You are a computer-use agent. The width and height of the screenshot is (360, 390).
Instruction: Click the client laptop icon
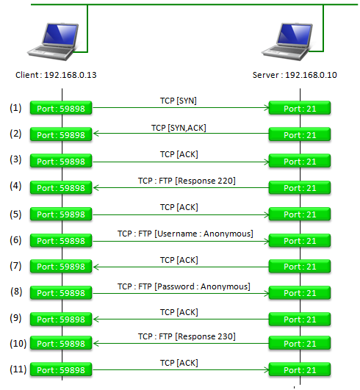click(53, 42)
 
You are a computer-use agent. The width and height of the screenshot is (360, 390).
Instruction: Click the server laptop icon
click(287, 42)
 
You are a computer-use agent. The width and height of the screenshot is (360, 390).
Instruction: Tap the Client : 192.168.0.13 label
click(56, 75)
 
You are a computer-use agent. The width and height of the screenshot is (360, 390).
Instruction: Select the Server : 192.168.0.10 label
click(295, 75)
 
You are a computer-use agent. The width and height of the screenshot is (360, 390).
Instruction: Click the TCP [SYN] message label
click(179, 101)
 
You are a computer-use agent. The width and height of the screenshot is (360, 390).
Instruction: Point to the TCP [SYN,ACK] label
click(179, 128)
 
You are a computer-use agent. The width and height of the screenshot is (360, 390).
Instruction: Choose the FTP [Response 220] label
click(187, 181)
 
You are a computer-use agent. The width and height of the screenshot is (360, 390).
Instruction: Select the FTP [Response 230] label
click(187, 336)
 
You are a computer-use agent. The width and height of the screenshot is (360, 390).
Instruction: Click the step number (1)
click(15, 108)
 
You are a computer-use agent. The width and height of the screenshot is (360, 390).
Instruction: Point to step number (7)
click(15, 266)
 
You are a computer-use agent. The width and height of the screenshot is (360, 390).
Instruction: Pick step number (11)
click(18, 369)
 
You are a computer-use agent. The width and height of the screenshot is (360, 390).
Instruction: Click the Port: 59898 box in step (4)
click(61, 187)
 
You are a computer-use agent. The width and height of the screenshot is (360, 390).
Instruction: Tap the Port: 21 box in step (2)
click(300, 134)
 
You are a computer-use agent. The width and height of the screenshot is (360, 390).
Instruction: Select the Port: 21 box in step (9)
click(300, 319)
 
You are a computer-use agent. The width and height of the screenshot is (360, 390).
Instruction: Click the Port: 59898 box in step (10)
click(61, 343)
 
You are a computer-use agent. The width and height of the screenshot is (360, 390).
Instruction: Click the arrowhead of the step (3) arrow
click(267, 162)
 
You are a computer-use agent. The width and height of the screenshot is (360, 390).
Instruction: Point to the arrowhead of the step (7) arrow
click(96, 267)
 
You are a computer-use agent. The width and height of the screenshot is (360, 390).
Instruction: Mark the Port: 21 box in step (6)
click(300, 240)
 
